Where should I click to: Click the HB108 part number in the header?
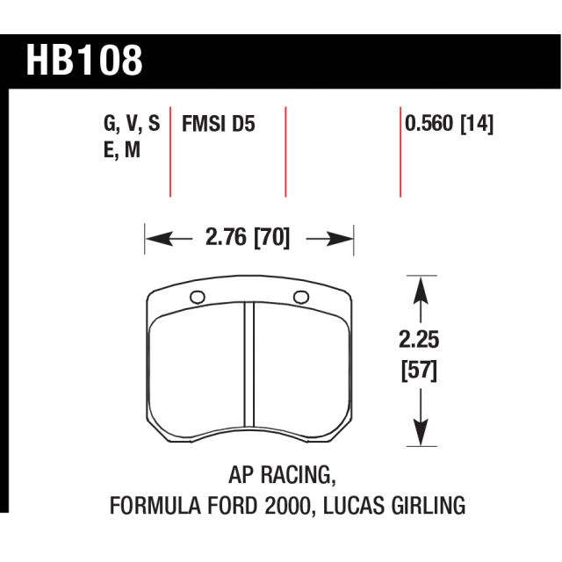(84, 61)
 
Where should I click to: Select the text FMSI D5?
(219, 124)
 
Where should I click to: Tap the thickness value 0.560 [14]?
(449, 124)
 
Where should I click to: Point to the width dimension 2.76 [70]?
(248, 237)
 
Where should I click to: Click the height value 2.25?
(419, 340)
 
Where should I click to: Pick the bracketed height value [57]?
(419, 371)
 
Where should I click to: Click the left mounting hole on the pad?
(197, 297)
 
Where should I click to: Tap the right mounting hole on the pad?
(301, 297)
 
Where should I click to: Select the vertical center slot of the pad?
(249, 364)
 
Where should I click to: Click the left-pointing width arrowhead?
(159, 239)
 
